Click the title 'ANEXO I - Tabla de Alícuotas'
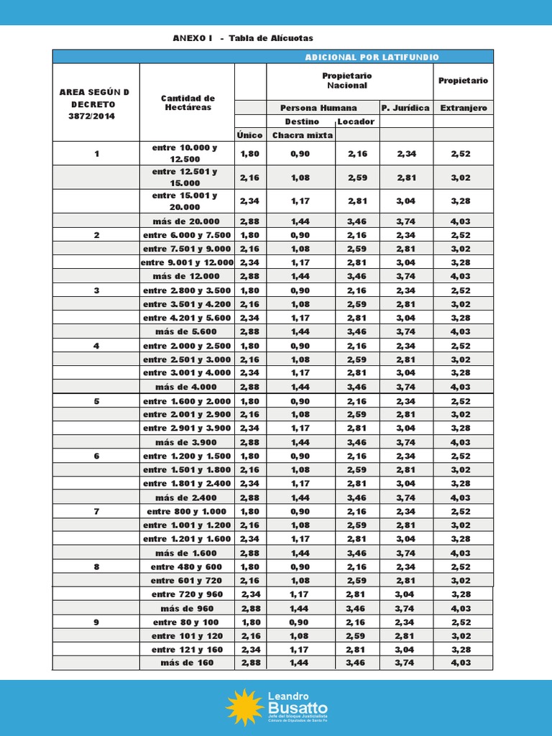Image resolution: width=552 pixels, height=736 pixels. (243, 38)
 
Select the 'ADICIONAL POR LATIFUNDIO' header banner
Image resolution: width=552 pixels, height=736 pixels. (372, 57)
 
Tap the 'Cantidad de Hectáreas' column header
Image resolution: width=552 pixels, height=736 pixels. (187, 102)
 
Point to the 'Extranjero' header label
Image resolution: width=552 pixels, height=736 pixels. (463, 108)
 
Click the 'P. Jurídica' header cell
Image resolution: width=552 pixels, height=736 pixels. (405, 108)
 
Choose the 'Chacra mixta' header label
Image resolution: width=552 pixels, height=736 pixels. (301, 135)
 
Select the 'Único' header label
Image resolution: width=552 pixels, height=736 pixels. (250, 135)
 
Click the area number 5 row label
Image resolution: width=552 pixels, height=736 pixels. (96, 401)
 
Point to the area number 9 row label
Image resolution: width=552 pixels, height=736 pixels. (96, 622)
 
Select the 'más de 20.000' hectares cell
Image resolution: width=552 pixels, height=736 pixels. (187, 221)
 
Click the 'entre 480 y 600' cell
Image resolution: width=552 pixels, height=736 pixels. (187, 566)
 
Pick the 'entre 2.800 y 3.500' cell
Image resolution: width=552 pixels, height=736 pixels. (187, 290)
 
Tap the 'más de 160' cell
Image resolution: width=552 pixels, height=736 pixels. (187, 663)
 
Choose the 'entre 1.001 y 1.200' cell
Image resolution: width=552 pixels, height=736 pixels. (187, 525)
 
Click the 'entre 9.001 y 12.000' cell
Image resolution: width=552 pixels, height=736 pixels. (187, 262)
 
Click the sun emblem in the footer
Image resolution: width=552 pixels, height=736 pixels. (244, 707)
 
